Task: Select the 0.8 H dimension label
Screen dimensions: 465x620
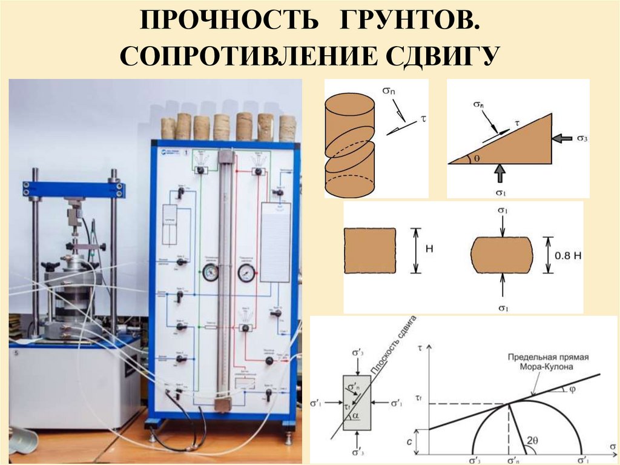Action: (x=567, y=256)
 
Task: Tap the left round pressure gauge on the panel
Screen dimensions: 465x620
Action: (x=210, y=272)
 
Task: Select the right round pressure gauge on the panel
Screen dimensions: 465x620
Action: (x=246, y=272)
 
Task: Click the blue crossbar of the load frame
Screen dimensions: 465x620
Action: (x=74, y=189)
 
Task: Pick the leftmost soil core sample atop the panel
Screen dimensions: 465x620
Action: (x=168, y=128)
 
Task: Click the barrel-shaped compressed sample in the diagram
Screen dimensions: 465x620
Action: (x=502, y=255)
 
